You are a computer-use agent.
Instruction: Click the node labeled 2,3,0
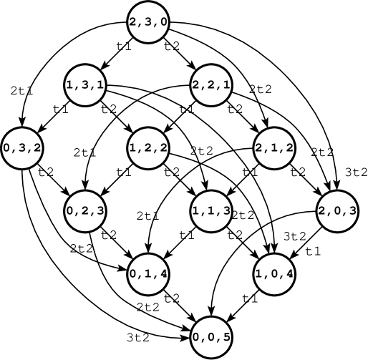(148, 22)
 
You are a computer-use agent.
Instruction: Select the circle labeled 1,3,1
(85, 85)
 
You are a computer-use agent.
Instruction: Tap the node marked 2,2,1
(211, 85)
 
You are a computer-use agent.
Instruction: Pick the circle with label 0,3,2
(22, 148)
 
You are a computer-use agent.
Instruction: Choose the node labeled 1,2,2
(148, 148)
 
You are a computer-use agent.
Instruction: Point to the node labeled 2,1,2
(274, 148)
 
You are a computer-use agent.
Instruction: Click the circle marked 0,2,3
(85, 211)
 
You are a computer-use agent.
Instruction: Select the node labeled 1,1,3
(211, 211)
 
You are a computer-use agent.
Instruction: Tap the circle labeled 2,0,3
(337, 211)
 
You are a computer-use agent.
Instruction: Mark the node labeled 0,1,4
(148, 274)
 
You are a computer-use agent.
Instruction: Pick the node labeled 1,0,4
(274, 274)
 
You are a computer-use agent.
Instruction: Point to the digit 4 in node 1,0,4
(289, 274)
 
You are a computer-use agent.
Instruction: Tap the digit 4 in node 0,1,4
(163, 274)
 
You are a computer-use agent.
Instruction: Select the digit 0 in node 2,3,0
(163, 22)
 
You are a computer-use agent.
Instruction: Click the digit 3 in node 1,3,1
(85, 85)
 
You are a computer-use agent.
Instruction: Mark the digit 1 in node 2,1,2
(274, 148)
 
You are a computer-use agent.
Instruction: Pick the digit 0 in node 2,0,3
(337, 211)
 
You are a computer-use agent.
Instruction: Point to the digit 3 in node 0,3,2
(22, 148)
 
